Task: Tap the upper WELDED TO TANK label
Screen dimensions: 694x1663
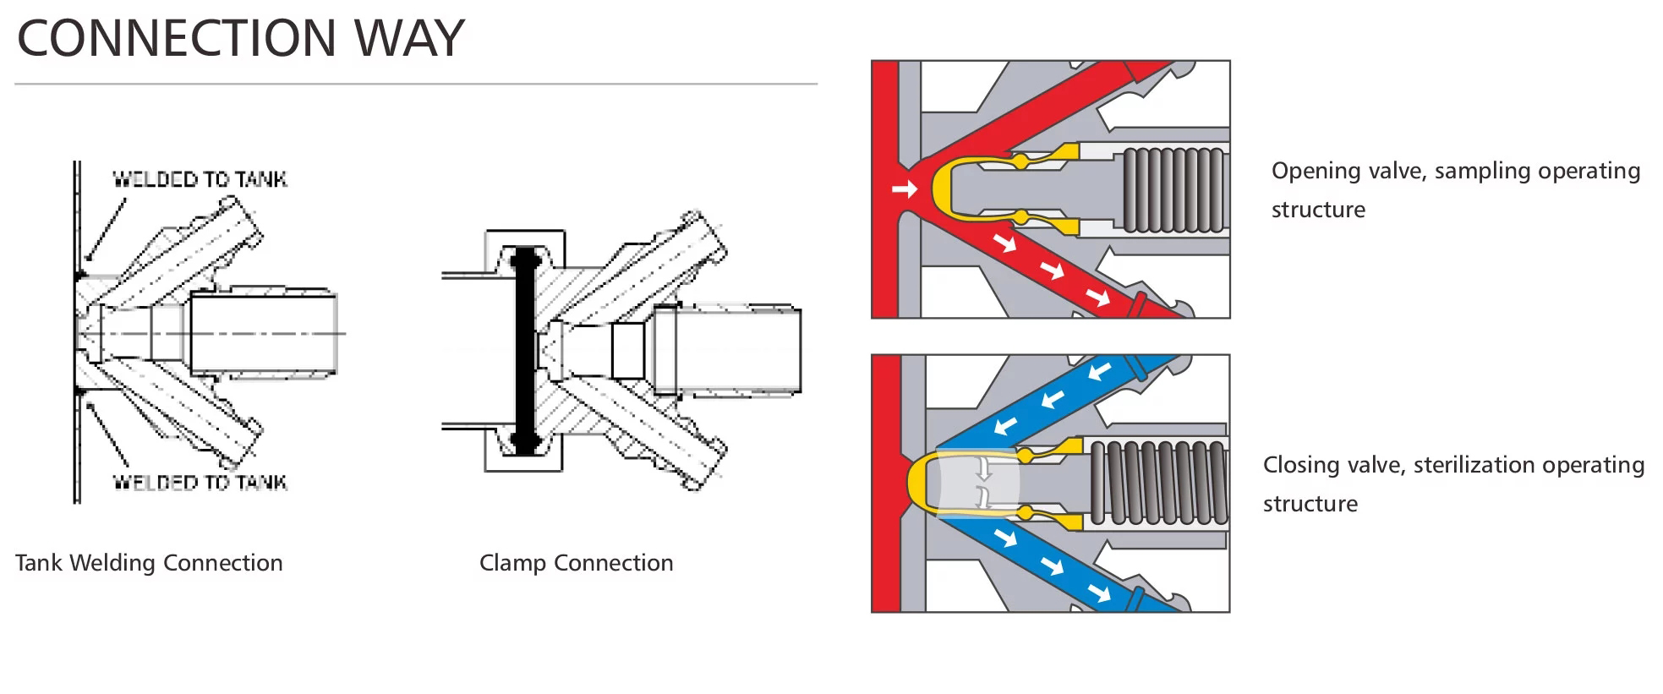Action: [x=200, y=179]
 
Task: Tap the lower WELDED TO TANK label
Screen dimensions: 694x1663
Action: [x=200, y=483]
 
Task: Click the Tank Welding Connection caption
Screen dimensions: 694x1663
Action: [x=149, y=563]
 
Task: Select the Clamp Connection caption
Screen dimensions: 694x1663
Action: [x=576, y=563]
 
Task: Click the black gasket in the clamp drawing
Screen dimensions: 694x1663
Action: [x=526, y=351]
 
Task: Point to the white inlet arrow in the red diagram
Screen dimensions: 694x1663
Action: [x=904, y=189]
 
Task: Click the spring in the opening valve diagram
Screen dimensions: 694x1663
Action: [x=1172, y=189]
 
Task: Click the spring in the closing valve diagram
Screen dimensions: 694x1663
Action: [x=1158, y=483]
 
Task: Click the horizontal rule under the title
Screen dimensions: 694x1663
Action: [x=416, y=84]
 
